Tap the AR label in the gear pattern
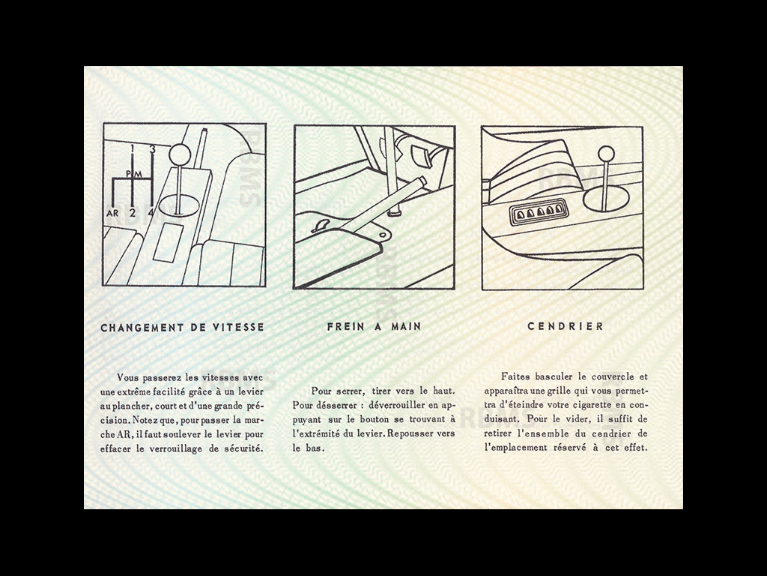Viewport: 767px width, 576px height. coord(112,212)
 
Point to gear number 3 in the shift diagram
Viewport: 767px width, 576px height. coord(152,149)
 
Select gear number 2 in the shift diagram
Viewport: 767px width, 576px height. coord(133,212)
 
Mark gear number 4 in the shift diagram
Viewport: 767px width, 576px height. coord(152,212)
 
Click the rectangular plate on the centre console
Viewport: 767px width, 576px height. coord(169,240)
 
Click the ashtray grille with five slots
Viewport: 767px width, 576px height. coord(539,212)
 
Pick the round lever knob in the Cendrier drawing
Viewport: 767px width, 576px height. coord(606,154)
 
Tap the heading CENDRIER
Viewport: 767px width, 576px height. coord(566,327)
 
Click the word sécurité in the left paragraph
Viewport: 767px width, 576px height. coord(240,448)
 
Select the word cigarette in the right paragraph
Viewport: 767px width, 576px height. coord(598,405)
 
